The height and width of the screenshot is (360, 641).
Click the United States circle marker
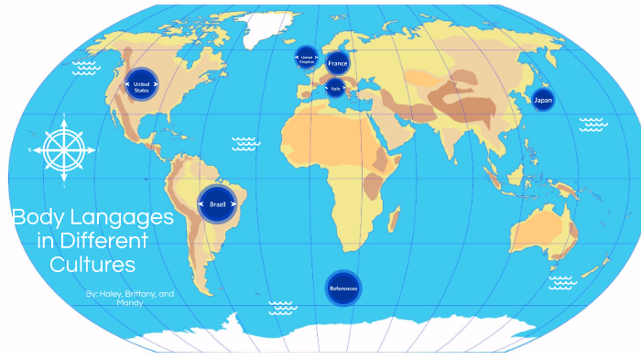141,84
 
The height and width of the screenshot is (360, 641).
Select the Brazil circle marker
218,203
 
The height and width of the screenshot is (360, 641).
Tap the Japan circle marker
542,98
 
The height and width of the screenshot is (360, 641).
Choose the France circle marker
338,63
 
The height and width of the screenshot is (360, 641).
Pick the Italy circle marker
335,89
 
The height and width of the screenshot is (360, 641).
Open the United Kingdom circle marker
307,58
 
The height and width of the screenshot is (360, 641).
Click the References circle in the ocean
343,289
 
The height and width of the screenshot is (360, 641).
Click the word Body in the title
36,219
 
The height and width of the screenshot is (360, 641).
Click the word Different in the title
103,242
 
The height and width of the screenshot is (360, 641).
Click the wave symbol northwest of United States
86,67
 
